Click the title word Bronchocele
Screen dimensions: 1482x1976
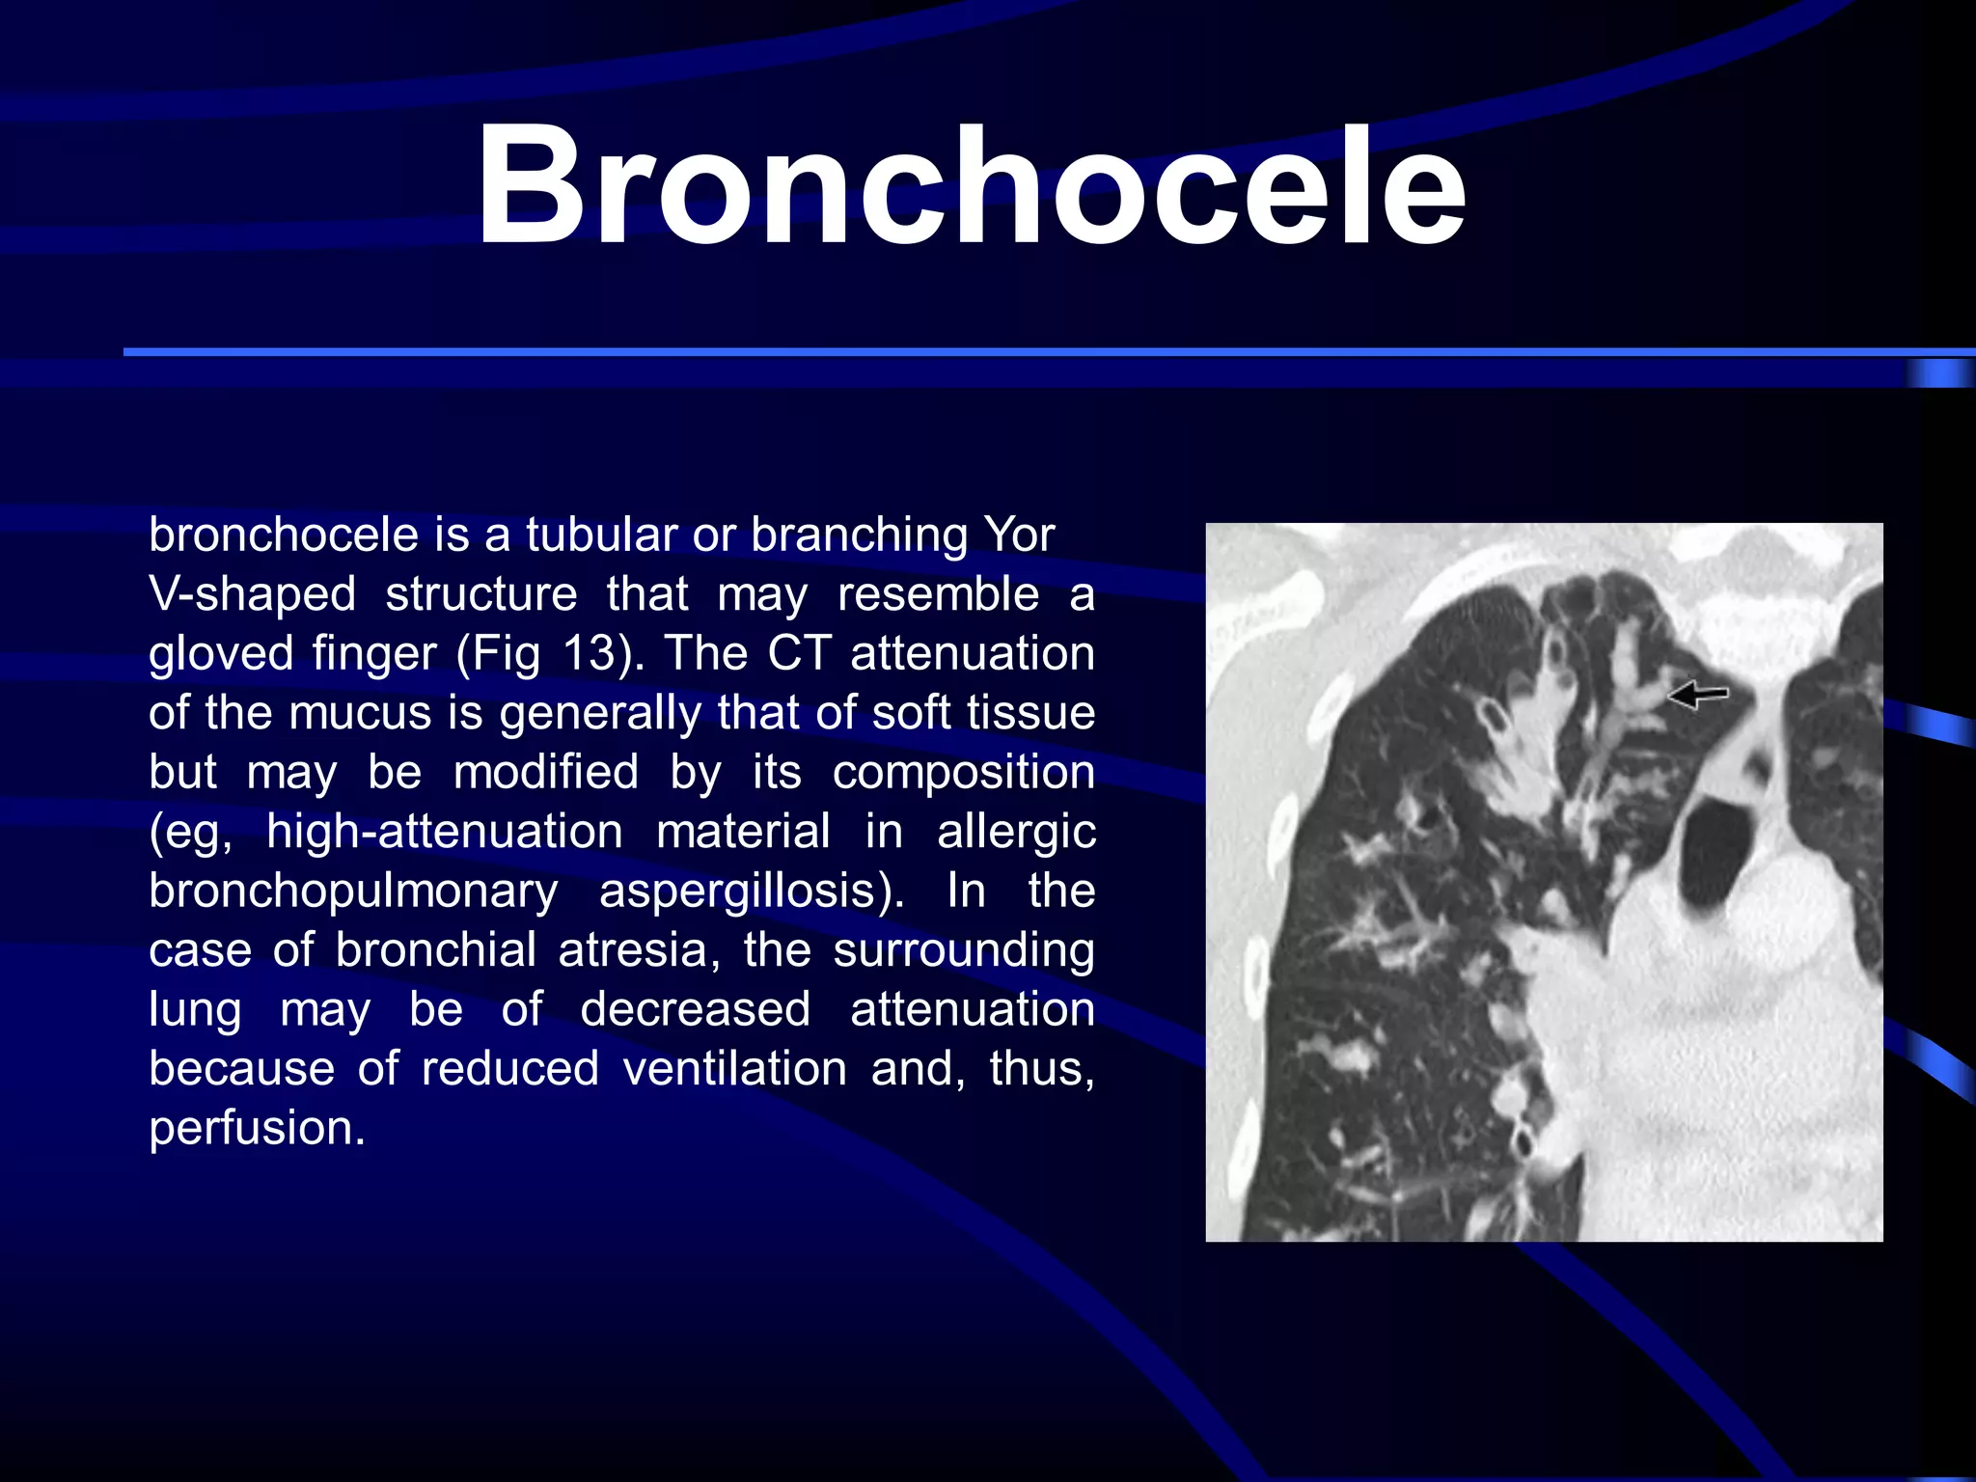[971, 186]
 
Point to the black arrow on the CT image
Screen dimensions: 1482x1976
[1698, 694]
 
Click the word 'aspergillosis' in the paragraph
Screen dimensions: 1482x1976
[751, 891]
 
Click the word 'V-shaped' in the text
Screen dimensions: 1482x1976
[252, 593]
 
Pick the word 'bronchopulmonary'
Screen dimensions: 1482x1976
[353, 891]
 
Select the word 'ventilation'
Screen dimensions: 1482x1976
[734, 1068]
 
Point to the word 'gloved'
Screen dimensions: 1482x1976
[221, 653]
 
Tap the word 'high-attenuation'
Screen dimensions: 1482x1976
[445, 831]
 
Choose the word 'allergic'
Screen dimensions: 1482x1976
[1016, 831]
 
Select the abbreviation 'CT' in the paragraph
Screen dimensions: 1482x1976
[799, 653]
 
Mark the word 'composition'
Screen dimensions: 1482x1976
[963, 772]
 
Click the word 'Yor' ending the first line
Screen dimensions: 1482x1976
[1018, 535]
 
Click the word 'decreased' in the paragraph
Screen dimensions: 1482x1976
[695, 1009]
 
